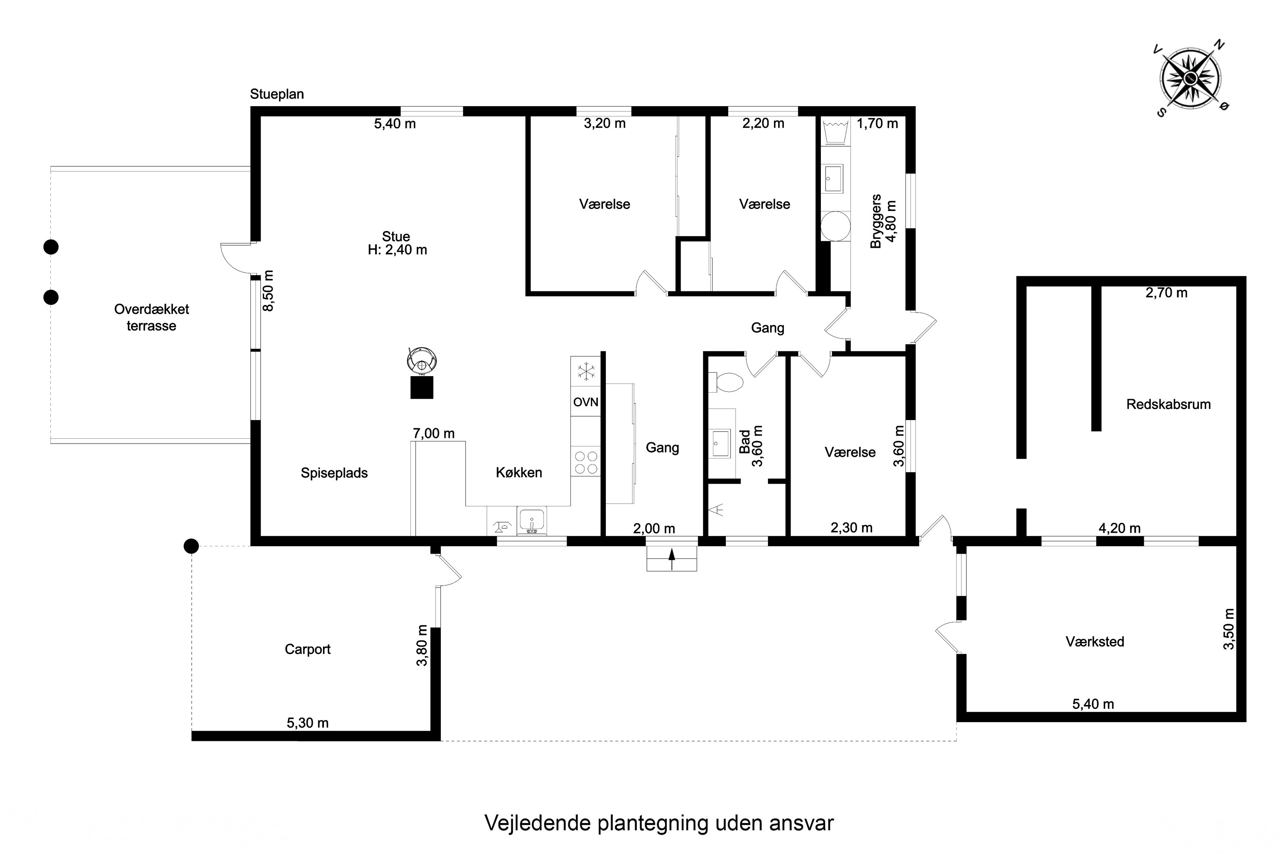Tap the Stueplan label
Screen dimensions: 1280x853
[276, 94]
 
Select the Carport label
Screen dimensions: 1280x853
[308, 649]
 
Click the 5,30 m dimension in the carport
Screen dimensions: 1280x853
[308, 722]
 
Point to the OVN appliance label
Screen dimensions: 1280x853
[585, 402]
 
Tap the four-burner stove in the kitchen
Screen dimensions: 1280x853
[585, 462]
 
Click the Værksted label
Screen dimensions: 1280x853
[1095, 641]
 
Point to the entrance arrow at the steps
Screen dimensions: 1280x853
[672, 559]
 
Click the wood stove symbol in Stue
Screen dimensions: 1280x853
[422, 373]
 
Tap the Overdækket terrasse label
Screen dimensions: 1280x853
[151, 317]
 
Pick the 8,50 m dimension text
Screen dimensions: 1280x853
[268, 290]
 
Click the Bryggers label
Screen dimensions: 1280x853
[875, 221]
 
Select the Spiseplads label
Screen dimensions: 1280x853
[334, 473]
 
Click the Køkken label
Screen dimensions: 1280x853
[519, 472]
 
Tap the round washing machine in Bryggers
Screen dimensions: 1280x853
[835, 226]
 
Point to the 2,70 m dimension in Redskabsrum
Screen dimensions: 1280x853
[1166, 293]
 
